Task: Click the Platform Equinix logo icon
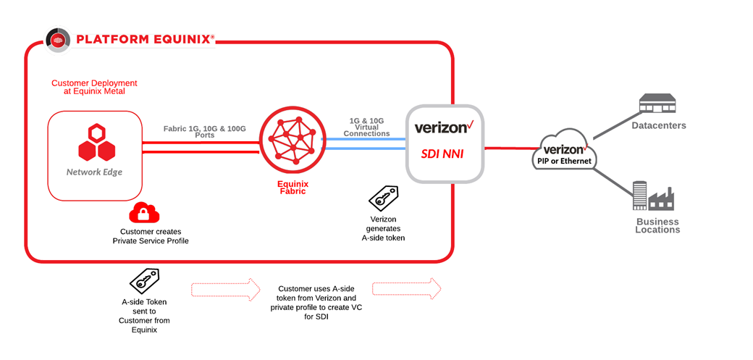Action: pyautogui.click(x=59, y=39)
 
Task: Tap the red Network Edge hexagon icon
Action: pyautogui.click(x=96, y=142)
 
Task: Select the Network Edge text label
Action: pyautogui.click(x=94, y=172)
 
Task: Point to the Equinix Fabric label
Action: pyautogui.click(x=293, y=188)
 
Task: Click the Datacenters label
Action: pyautogui.click(x=659, y=126)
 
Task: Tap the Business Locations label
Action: pyautogui.click(x=657, y=226)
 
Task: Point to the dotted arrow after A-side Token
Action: pyautogui.click(x=226, y=289)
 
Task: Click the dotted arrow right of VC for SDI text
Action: pyautogui.click(x=406, y=289)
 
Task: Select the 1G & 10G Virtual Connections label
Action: pyautogui.click(x=367, y=127)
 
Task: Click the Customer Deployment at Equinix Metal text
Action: pyautogui.click(x=94, y=87)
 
